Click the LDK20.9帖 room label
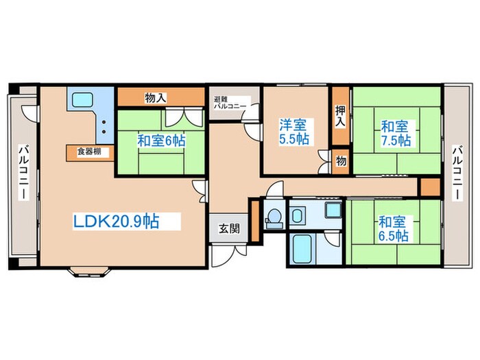tap(116, 221)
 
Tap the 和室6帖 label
tap(161, 141)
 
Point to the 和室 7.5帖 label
tap(396, 134)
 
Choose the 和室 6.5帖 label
tap(394, 228)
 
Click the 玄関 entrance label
tap(229, 228)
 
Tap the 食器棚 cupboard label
tap(88, 152)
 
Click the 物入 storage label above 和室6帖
tap(156, 98)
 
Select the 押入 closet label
tap(340, 116)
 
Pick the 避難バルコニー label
tap(230, 103)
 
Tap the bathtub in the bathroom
tap(302, 248)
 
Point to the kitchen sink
tap(82, 100)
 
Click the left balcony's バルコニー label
tap(23, 173)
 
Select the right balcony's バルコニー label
tap(457, 173)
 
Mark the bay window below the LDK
tap(88, 272)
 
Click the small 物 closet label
tap(341, 160)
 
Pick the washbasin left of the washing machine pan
tap(296, 215)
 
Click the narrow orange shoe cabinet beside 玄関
tap(255, 221)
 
